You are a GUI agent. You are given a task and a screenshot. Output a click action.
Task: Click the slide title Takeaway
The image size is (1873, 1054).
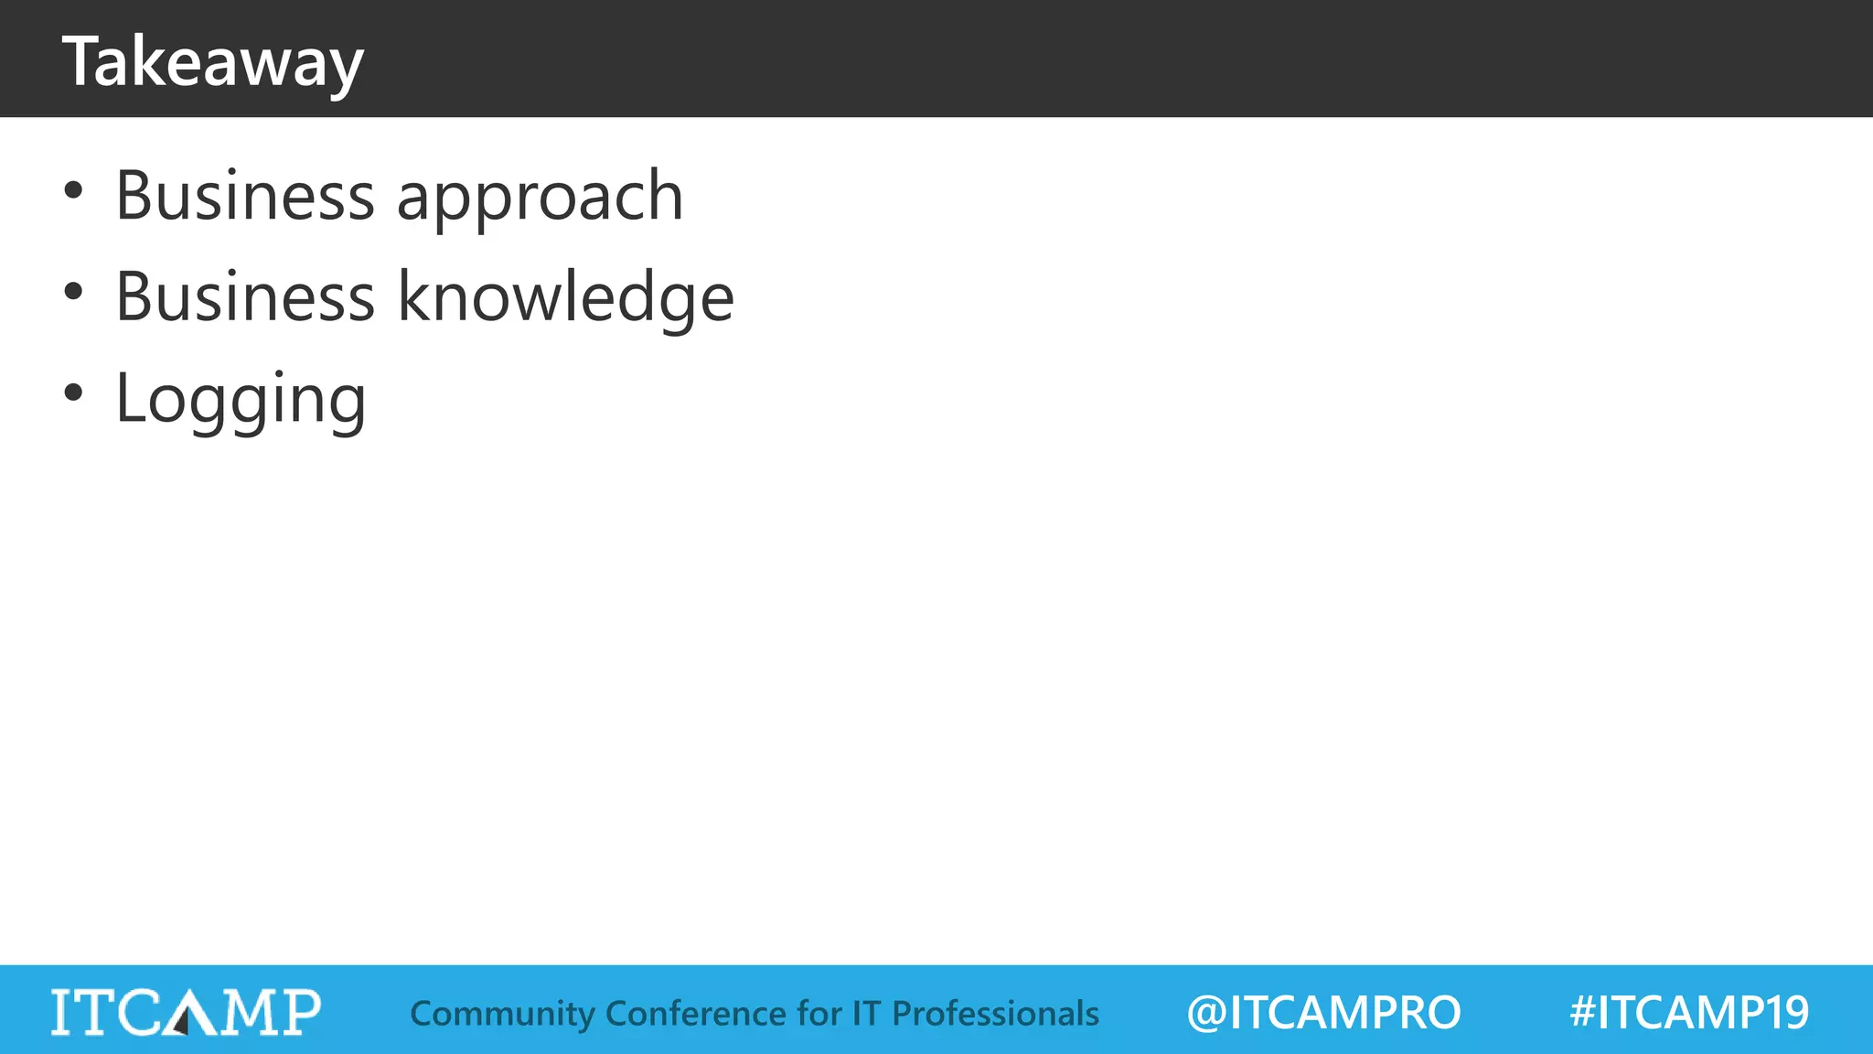click(212, 61)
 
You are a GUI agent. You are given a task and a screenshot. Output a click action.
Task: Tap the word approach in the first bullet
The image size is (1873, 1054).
click(540, 196)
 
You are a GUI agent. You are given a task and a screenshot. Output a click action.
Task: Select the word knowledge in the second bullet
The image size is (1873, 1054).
click(565, 297)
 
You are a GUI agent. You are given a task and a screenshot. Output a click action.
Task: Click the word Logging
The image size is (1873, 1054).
click(241, 400)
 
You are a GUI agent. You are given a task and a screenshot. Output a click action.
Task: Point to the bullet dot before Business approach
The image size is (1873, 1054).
click(73, 191)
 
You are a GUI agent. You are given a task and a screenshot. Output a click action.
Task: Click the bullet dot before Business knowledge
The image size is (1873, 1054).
click(73, 292)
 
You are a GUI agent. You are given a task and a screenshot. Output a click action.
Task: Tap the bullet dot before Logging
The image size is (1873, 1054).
click(73, 393)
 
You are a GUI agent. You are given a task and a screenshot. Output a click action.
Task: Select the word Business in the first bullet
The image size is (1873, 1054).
click(245, 196)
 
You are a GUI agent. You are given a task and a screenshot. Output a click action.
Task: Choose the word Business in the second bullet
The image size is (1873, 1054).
click(245, 297)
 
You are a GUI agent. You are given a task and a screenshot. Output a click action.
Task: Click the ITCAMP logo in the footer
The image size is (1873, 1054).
click(186, 1012)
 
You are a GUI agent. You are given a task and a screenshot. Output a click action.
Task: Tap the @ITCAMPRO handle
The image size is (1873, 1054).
click(1323, 1013)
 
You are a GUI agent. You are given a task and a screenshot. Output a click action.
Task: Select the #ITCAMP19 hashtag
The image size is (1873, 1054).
click(1689, 1013)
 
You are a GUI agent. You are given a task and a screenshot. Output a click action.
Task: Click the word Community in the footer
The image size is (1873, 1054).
click(502, 1014)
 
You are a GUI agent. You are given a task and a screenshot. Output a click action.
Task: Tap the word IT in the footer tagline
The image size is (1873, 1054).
click(866, 1014)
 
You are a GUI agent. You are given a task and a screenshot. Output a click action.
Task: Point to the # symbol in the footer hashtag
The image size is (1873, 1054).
click(1582, 1013)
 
